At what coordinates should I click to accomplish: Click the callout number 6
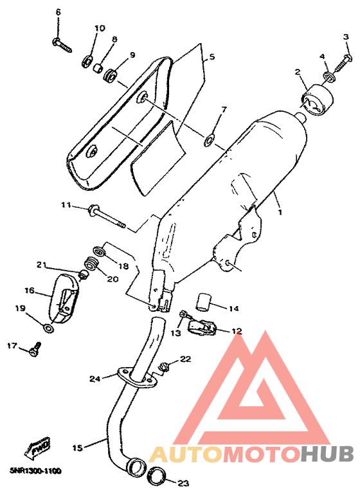coord(58,13)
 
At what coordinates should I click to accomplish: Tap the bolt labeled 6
coord(62,45)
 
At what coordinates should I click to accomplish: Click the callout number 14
coord(234,308)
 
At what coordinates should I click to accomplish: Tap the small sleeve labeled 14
coord(203,301)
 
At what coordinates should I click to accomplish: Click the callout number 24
coord(95,378)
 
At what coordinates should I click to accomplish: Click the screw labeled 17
coord(35,350)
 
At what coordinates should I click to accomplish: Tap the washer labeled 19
coord(48,328)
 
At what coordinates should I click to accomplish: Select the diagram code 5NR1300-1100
coord(35,471)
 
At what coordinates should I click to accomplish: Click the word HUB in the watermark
coord(327,454)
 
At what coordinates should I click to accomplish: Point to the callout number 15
coord(77,447)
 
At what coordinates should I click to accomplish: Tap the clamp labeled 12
coord(202,327)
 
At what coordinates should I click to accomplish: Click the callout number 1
coord(280,212)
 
